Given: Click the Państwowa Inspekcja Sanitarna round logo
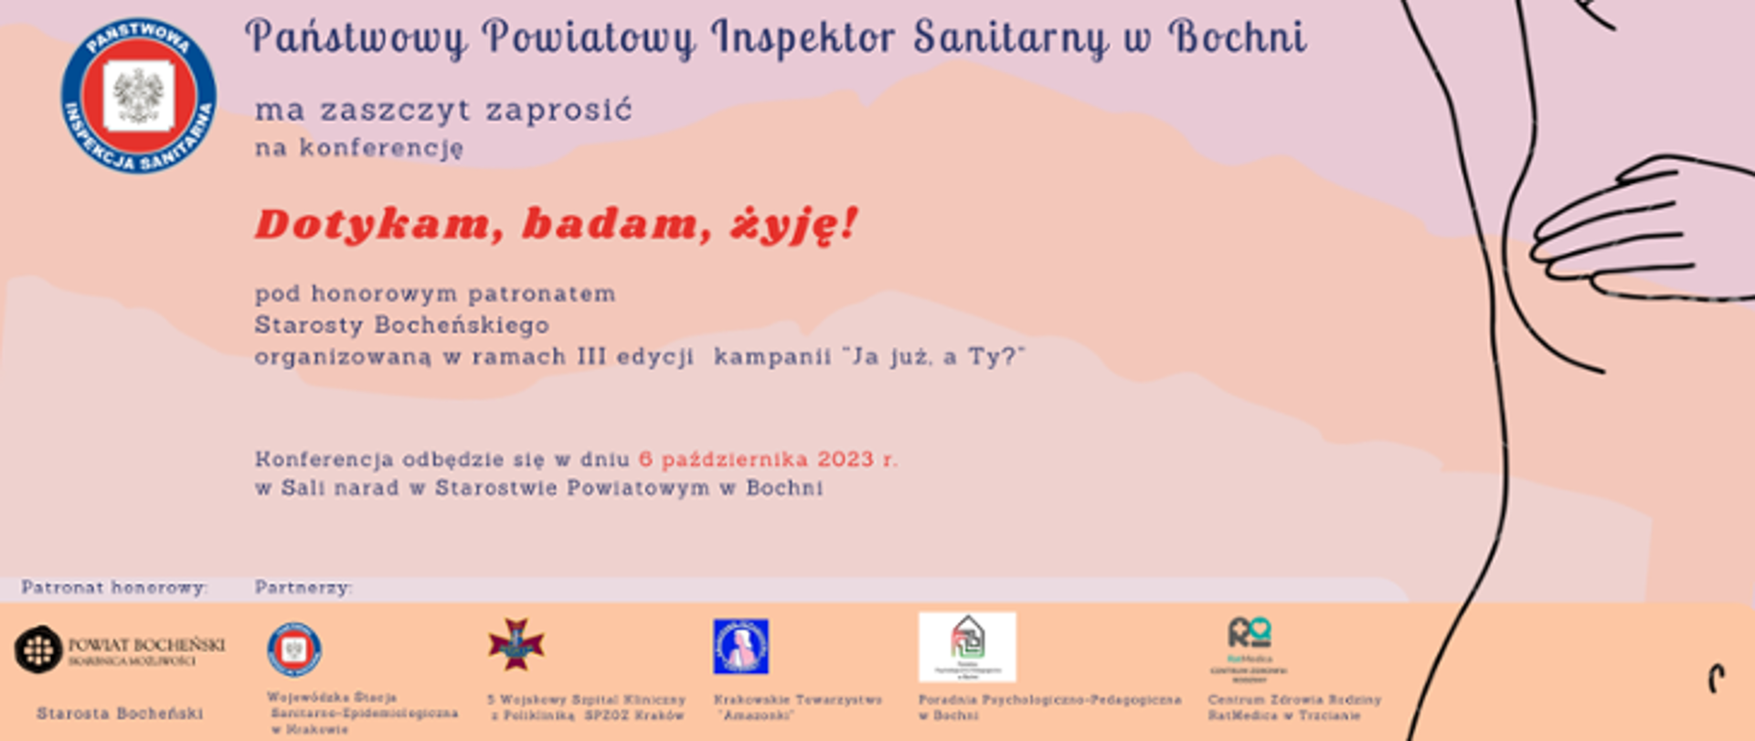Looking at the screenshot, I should coord(139,96).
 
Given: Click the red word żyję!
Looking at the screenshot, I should coord(793,224).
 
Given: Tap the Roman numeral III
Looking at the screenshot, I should coord(591,357).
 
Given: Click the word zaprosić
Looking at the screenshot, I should coord(558,111).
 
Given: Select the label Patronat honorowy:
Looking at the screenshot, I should coord(114,587).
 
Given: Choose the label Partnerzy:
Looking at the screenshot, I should coord(303,587).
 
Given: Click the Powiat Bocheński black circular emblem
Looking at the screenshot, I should coord(38,650).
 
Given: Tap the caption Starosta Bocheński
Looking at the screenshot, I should coord(120,714).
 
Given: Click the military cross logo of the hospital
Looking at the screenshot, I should coord(516,644).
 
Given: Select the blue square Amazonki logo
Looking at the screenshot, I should coord(740,646).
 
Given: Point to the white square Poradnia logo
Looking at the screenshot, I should coord(967,647).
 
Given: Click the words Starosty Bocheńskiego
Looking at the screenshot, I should coord(402,326).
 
